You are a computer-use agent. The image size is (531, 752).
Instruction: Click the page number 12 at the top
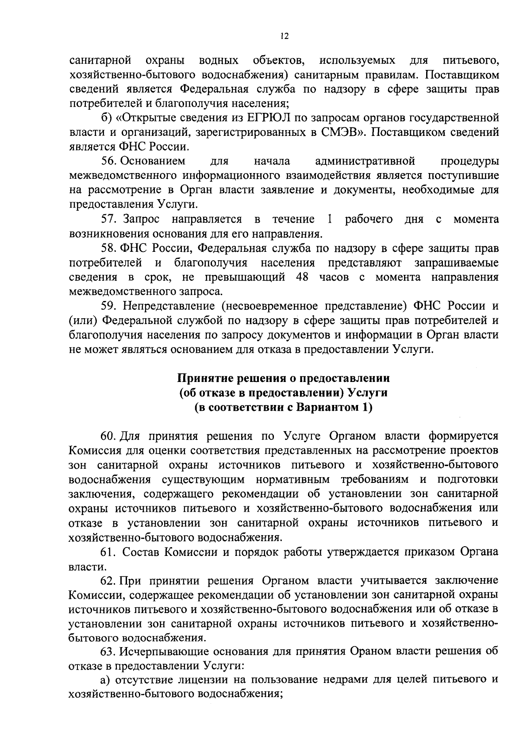[x=285, y=36]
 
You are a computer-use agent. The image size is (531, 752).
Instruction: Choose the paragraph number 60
[x=108, y=436]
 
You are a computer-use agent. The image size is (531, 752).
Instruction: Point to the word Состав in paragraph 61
[x=140, y=552]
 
